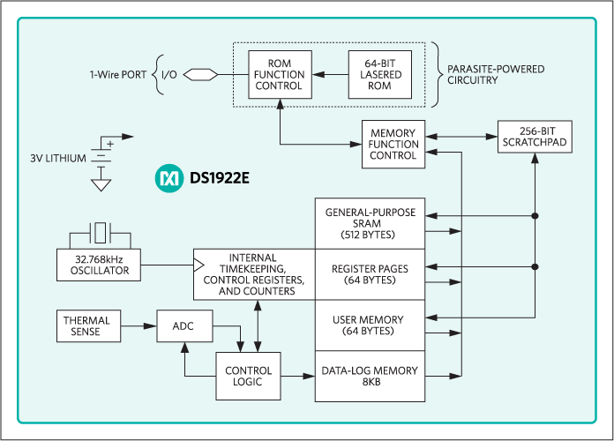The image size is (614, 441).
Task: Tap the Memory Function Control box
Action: [393, 144]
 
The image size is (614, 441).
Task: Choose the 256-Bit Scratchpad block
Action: [533, 137]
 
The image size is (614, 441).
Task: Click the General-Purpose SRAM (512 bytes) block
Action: [371, 224]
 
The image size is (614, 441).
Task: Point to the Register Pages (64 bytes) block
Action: [371, 274]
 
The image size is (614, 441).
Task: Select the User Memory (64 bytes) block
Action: [371, 325]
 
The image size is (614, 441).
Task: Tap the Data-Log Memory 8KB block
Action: [371, 377]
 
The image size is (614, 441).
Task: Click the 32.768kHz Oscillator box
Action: [101, 265]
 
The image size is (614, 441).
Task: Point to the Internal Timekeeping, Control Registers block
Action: [254, 274]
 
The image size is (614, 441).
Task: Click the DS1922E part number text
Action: [221, 178]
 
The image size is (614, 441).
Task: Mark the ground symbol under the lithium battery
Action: [101, 185]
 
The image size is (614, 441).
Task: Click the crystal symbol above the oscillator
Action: [101, 234]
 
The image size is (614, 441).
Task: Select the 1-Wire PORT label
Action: [119, 74]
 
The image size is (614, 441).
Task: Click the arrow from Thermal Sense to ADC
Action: [139, 325]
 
